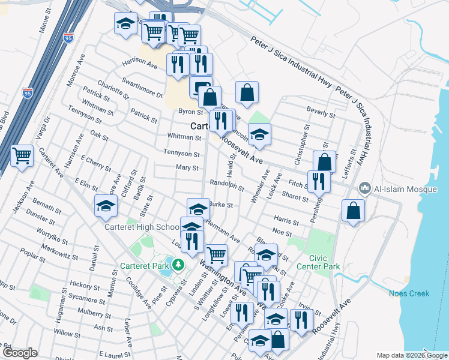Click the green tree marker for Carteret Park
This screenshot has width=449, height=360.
(178, 264)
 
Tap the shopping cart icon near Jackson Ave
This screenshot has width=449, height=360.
(22, 156)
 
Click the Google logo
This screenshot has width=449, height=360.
(20, 353)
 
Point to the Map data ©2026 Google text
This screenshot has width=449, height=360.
(411, 355)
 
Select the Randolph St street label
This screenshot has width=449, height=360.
(226, 184)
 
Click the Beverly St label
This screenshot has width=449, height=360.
(321, 112)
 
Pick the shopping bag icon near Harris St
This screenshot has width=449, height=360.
(354, 211)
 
